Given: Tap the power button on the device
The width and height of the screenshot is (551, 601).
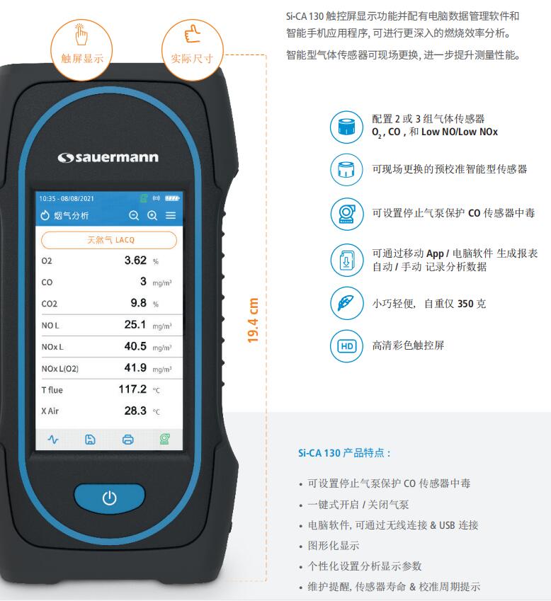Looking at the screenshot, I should (x=109, y=498).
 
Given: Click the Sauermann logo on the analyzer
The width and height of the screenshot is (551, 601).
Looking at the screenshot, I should (x=108, y=157).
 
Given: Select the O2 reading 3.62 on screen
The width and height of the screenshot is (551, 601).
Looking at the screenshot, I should (x=135, y=261).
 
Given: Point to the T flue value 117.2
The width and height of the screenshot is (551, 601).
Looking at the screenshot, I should (x=132, y=389).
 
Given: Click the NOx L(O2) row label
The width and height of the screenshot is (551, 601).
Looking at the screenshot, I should (x=60, y=368).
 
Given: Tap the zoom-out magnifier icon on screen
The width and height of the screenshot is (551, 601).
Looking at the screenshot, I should (x=134, y=215).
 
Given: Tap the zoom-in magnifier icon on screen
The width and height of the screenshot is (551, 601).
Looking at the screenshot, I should (x=152, y=215).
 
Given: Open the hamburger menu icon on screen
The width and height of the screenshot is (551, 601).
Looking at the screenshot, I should (x=171, y=215).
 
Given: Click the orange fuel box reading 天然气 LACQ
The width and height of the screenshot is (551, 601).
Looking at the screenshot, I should (x=109, y=240).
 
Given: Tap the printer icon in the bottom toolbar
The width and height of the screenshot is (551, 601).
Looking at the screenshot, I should (x=127, y=440).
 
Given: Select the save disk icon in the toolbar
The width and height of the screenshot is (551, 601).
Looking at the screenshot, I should (x=90, y=440).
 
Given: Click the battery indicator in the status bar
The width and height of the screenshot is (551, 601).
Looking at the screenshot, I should (x=172, y=198).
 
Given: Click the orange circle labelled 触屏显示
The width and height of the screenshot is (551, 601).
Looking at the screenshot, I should (x=81, y=44).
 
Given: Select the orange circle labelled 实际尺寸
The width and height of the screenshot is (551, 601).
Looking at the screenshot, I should (x=188, y=44).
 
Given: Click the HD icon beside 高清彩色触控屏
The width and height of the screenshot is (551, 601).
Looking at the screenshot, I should (x=347, y=346).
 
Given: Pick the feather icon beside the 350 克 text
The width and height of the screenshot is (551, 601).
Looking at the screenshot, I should (x=347, y=304).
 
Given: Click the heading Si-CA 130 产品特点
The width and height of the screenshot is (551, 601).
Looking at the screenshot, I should (x=344, y=453).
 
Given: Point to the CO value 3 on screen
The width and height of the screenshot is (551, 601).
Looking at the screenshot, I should (x=143, y=282).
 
